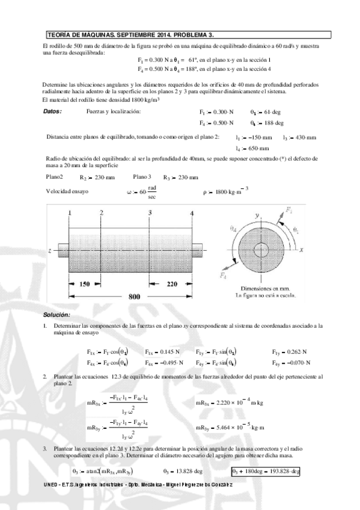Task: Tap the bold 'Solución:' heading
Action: tap(56, 315)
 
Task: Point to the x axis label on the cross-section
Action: tap(304, 248)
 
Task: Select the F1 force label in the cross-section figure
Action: tap(290, 210)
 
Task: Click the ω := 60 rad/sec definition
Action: tap(144, 193)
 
